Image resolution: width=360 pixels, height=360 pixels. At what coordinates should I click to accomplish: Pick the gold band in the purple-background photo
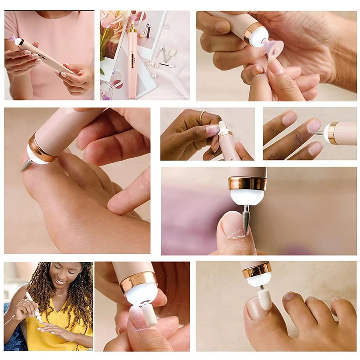coord(247,183)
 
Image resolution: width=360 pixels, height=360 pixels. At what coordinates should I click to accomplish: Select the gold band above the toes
coord(257,270)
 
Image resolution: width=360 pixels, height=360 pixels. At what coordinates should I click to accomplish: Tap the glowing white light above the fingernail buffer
coord(141,293)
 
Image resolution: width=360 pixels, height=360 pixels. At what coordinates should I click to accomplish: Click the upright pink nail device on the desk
coord(132,61)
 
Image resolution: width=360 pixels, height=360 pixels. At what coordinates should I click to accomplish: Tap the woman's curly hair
coord(81,295)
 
